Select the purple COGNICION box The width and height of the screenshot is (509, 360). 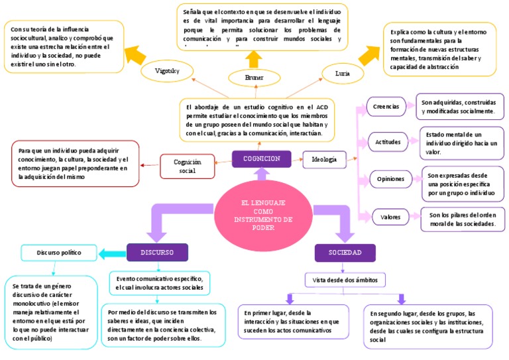click(262, 159)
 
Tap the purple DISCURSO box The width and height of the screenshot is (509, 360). click(157, 253)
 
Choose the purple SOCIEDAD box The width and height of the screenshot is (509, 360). click(345, 253)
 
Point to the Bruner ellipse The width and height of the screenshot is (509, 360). click(254, 78)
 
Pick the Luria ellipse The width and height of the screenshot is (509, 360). click(343, 72)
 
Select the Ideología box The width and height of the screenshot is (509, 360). click(324, 159)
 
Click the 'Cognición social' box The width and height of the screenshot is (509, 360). click(188, 166)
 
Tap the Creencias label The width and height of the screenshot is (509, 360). click(386, 106)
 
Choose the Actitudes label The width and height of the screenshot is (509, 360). click(388, 143)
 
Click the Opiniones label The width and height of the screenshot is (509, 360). click(390, 179)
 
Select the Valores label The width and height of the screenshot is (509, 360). click(386, 217)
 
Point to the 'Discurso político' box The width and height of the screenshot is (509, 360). click(58, 253)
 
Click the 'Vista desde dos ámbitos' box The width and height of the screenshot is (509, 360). click(344, 280)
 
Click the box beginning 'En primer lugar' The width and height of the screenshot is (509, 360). click(292, 321)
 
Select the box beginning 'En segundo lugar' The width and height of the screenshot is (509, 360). click(427, 326)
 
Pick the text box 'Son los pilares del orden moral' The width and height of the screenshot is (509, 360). click(463, 219)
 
